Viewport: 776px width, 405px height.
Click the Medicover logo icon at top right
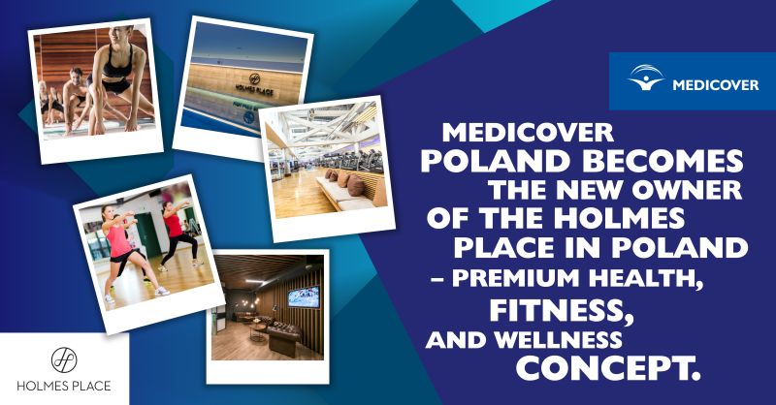click(646, 78)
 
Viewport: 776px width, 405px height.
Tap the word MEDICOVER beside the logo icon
click(716, 85)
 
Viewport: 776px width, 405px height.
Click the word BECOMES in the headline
click(663, 161)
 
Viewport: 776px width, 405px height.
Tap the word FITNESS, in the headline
click(562, 311)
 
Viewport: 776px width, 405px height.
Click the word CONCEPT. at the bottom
click(609, 368)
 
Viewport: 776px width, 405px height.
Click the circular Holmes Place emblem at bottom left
click(64, 359)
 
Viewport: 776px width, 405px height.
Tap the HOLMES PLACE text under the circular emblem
click(64, 386)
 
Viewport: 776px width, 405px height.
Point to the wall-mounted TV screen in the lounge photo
click(304, 296)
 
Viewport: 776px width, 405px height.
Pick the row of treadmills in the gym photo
click(352, 159)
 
